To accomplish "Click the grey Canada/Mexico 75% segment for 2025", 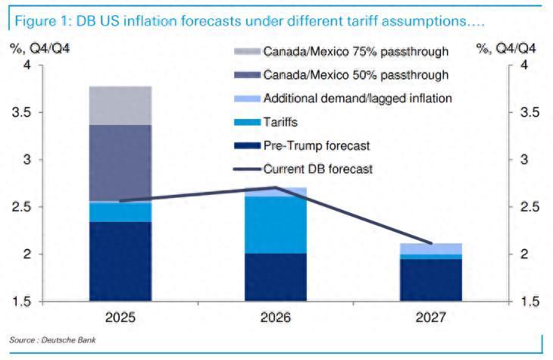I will (x=120, y=105).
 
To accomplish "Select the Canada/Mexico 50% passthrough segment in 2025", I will (x=120, y=163).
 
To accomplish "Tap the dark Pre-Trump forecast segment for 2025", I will (x=120, y=261).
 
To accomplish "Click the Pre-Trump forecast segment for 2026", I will (x=275, y=277).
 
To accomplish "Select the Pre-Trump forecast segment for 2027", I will (x=431, y=280).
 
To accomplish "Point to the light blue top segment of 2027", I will (x=431, y=249).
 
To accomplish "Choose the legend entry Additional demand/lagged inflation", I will (x=358, y=98).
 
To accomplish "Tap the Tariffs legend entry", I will (x=281, y=121).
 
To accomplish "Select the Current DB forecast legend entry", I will (x=317, y=169).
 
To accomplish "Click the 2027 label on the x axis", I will (x=431, y=317).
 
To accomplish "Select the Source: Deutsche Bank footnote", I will (x=52, y=340).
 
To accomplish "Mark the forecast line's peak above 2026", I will (x=275, y=187).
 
